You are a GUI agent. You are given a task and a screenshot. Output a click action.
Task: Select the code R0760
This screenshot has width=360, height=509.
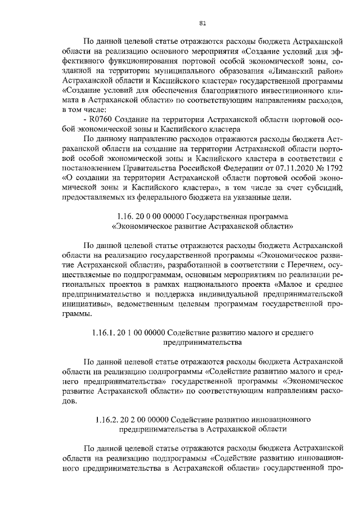tap(100, 121)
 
